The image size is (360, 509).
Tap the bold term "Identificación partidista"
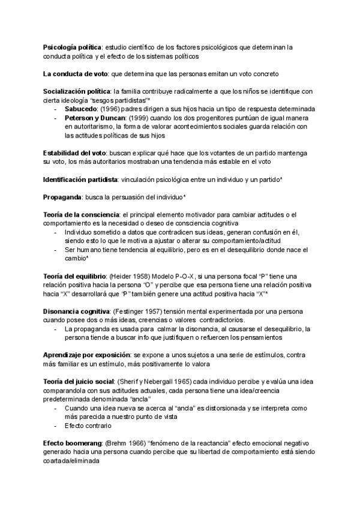79,179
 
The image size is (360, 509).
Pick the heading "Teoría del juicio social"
79,382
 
